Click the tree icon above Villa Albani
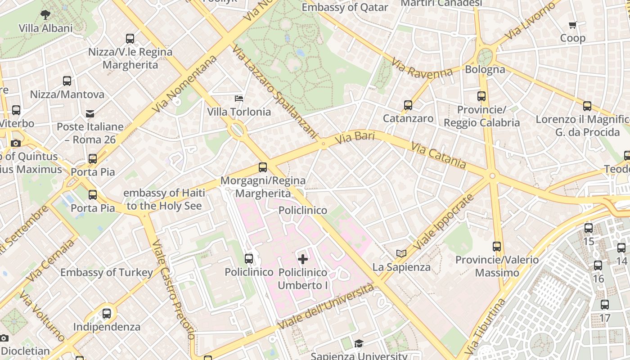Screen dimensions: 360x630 (45, 14)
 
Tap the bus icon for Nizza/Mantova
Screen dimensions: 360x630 (67, 81)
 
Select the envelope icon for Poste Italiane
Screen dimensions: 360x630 (90, 113)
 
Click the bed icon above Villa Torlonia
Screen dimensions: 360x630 (239, 98)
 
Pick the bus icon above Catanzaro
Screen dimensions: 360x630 (408, 105)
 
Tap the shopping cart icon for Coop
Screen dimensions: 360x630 (572, 25)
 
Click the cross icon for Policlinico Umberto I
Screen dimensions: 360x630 (303, 259)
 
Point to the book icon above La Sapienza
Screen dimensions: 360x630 (401, 254)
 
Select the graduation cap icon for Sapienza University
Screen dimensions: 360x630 (358, 344)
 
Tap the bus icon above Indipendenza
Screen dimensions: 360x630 (107, 314)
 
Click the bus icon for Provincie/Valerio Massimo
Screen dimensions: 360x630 (497, 247)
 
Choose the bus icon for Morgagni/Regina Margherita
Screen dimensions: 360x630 (263, 167)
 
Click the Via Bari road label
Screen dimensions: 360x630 (355, 138)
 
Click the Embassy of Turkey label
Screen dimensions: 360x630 (107, 273)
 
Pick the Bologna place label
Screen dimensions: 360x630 (485, 69)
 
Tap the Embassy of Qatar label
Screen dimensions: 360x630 (345, 7)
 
